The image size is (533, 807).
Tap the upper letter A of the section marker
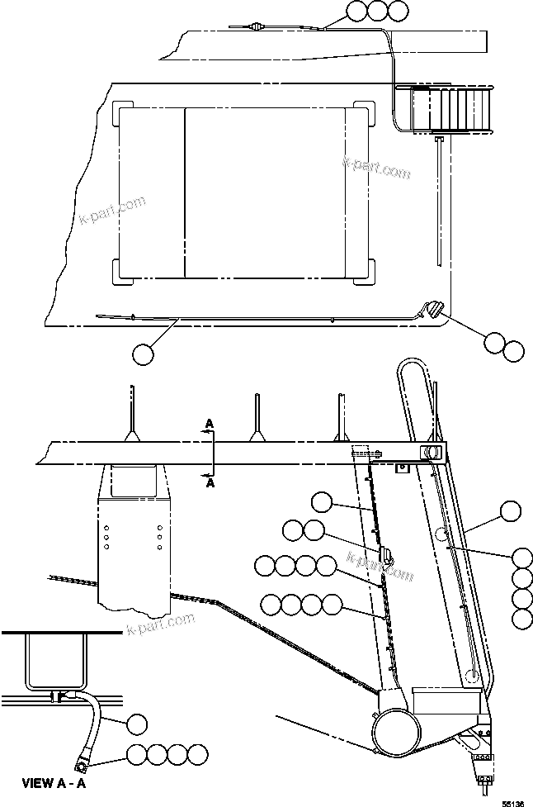(x=210, y=424)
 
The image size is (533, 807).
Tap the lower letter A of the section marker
(x=210, y=484)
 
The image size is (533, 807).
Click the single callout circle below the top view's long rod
(x=143, y=354)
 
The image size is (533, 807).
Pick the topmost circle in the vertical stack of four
(x=522, y=558)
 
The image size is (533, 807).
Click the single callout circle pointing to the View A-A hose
(x=138, y=725)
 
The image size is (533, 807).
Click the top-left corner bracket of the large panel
(x=121, y=113)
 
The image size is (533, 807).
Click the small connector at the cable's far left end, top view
(x=256, y=27)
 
